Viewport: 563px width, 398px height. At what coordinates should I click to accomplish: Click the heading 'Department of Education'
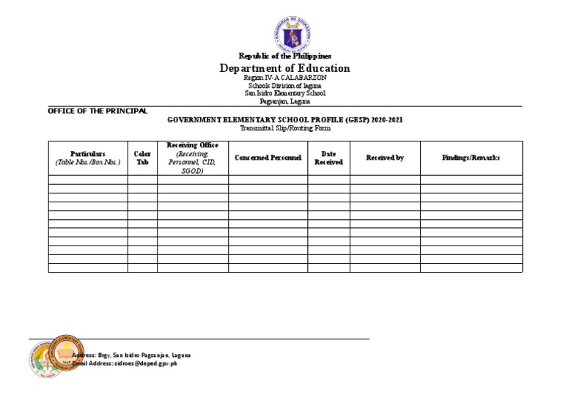[x=285, y=68]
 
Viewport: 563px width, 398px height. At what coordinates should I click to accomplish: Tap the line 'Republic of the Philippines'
[x=285, y=56]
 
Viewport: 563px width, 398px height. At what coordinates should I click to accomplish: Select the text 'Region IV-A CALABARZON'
[x=285, y=78]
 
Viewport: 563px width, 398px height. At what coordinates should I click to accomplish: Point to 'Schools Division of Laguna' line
[x=285, y=86]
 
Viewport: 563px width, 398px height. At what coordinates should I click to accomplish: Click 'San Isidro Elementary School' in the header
[x=285, y=93]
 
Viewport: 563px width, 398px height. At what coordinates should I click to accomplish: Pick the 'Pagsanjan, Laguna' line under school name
[x=285, y=101]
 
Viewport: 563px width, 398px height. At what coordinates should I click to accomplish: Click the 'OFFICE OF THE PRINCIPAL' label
[x=97, y=111]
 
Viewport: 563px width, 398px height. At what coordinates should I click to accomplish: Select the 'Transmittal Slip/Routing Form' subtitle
[x=285, y=128]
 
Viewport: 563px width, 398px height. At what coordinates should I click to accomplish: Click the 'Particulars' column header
[x=88, y=154]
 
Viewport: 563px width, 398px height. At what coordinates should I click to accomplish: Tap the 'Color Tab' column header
[x=142, y=158]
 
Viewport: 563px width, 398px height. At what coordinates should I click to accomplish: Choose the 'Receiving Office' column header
[x=192, y=146]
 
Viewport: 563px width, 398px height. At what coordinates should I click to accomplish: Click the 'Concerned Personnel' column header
[x=268, y=158]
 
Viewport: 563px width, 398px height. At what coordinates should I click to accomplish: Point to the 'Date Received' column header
[x=328, y=158]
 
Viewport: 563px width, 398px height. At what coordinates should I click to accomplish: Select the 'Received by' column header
[x=385, y=158]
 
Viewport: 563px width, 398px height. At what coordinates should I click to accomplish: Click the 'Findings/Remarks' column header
[x=471, y=158]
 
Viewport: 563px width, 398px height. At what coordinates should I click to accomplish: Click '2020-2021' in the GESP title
[x=386, y=119]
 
